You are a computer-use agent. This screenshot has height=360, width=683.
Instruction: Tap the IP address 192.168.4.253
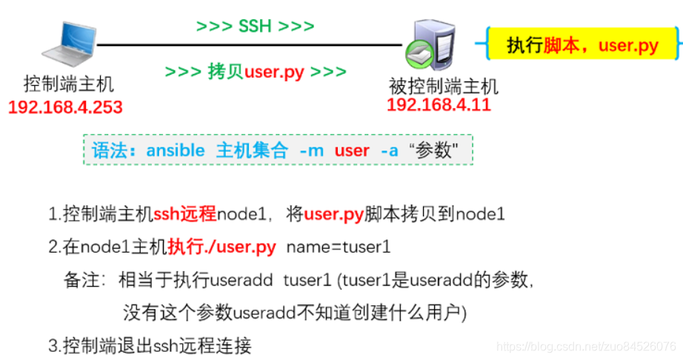tap(65, 107)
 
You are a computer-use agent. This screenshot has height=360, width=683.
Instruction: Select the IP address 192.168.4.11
tap(439, 104)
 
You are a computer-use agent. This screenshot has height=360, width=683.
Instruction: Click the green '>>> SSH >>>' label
tap(255, 27)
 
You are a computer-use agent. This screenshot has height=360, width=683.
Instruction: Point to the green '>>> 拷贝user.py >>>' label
tap(256, 73)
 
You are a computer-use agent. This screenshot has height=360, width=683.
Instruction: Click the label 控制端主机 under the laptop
tap(69, 84)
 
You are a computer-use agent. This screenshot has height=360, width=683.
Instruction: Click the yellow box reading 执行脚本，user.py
tap(582, 46)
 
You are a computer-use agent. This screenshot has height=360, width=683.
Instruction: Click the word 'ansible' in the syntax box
tap(176, 151)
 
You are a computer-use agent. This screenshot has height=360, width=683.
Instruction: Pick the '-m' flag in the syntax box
tap(311, 151)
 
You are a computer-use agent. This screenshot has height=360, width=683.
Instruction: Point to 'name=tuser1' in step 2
tap(338, 247)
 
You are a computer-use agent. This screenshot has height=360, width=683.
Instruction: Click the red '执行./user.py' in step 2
tap(221, 247)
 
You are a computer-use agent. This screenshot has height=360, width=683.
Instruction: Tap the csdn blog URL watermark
tap(585, 347)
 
